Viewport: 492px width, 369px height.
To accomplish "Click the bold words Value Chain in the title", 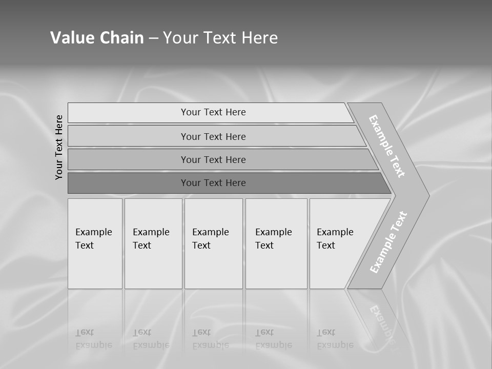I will click(97, 38).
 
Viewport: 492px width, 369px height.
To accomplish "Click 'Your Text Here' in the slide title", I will click(220, 38).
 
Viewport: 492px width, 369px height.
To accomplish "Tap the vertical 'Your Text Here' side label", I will click(59, 147).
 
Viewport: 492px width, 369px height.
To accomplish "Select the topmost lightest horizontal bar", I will click(128, 113).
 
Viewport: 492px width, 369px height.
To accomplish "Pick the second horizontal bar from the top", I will click(128, 136).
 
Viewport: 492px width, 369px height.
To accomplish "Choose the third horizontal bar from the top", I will click(128, 159).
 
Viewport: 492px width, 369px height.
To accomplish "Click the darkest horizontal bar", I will click(128, 183).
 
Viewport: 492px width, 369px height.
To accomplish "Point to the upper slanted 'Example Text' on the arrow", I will click(387, 146).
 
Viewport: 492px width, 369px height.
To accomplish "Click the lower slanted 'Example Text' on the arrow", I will click(388, 242).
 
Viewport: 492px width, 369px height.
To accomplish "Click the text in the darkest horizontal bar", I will click(213, 183).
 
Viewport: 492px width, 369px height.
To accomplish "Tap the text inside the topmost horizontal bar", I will click(213, 112).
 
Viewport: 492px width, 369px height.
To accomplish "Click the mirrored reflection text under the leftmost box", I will click(93, 339).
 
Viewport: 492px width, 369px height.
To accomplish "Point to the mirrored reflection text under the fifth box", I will click(335, 339).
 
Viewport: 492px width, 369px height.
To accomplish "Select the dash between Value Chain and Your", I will click(153, 38).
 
